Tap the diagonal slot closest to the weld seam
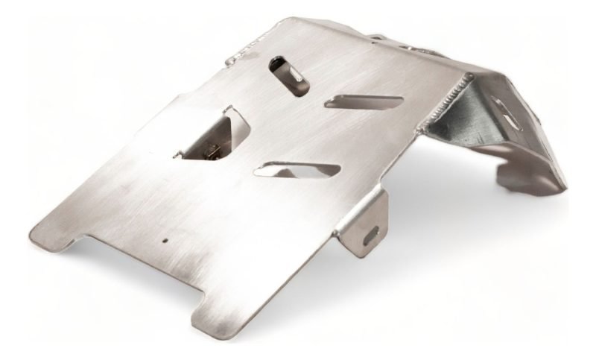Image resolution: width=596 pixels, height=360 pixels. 364,102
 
